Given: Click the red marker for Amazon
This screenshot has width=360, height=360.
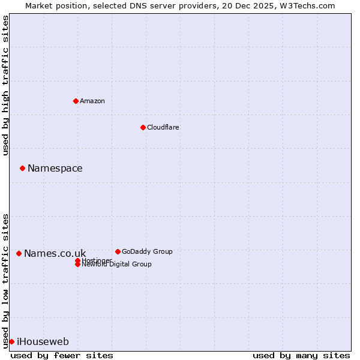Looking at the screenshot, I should [x=76, y=101].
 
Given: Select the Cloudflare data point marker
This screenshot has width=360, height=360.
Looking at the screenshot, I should [x=143, y=127].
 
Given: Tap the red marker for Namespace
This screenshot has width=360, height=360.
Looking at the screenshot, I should [x=22, y=168].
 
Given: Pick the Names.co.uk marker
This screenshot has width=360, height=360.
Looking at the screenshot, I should [x=19, y=253].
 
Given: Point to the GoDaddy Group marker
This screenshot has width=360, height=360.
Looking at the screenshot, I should [x=118, y=251].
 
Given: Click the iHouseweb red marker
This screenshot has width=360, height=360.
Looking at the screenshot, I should [x=11, y=341].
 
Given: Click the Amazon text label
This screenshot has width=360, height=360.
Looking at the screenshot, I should [x=92, y=101].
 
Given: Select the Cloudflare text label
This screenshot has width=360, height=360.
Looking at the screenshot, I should [x=163, y=127].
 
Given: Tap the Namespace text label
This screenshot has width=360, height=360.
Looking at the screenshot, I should [x=55, y=168].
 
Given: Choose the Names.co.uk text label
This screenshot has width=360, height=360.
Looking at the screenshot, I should [x=55, y=253].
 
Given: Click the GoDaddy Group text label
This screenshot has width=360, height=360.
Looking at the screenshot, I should [x=147, y=251].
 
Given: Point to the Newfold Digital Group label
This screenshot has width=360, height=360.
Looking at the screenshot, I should [x=116, y=265].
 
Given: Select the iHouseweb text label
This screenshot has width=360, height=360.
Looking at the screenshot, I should [x=43, y=341].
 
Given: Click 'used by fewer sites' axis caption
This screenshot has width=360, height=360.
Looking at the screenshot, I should [x=62, y=355].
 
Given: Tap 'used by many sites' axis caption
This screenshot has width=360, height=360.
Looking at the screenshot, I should [x=301, y=355].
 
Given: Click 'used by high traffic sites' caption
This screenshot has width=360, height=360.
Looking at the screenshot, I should [x=5, y=85].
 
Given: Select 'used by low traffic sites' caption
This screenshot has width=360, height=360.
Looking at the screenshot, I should [x=5, y=280].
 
